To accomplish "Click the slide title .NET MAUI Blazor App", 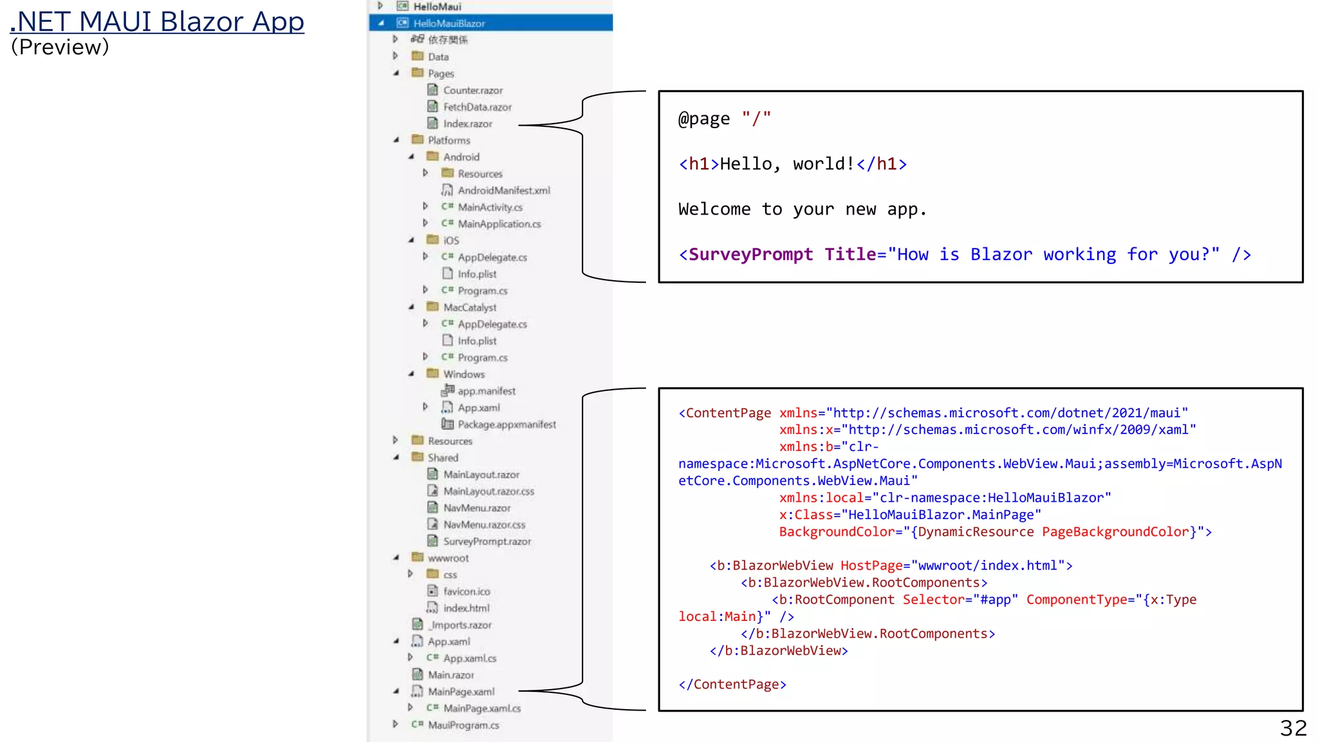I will (x=157, y=21).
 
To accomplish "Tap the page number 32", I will (x=1293, y=728).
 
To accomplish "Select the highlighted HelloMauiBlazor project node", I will (x=449, y=23).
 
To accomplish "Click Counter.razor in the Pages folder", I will (x=472, y=90).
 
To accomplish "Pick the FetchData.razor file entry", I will (x=477, y=107).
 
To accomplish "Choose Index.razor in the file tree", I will (x=467, y=124).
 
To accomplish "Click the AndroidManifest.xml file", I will (x=503, y=191).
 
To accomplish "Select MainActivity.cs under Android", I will (x=490, y=207).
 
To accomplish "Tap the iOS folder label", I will (x=450, y=241).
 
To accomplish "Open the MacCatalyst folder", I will (x=469, y=308).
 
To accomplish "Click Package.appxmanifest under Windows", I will (x=506, y=424).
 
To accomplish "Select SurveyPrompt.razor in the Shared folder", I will (x=487, y=542).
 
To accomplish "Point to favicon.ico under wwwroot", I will (x=466, y=591).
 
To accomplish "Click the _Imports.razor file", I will (x=461, y=625).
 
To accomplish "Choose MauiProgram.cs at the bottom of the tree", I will (x=463, y=725).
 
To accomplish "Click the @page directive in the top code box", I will (x=704, y=119).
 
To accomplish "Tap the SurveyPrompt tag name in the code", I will (x=750, y=254).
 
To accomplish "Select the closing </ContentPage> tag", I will (x=732, y=685).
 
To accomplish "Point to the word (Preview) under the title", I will (x=60, y=47).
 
